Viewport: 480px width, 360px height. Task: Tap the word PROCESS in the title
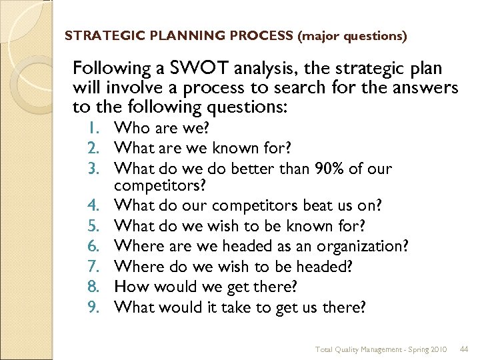(261, 35)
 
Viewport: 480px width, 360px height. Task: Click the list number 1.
(101, 127)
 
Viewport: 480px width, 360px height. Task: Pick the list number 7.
(101, 266)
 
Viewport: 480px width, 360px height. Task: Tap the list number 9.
(101, 307)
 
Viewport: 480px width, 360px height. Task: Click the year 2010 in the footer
(438, 349)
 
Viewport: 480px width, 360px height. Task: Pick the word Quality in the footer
(349, 349)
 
